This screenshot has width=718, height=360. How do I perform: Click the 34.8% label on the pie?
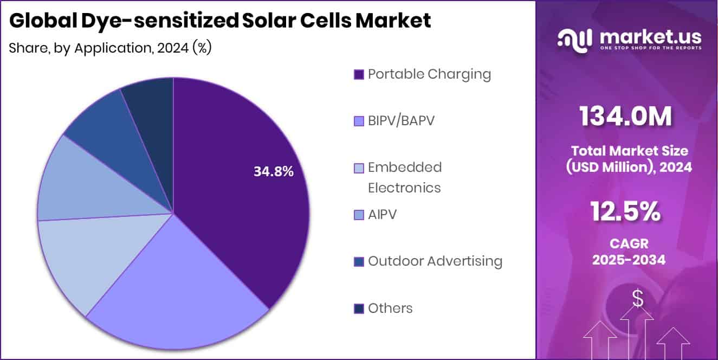click(274, 172)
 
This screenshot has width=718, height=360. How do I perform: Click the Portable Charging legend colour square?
click(358, 75)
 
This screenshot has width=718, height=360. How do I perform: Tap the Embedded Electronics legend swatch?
click(358, 168)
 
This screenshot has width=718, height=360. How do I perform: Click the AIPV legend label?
click(382, 215)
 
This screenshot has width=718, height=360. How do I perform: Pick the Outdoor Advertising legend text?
click(435, 261)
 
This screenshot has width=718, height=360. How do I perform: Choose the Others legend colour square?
click(358, 309)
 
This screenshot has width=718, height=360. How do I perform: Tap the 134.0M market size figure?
click(626, 115)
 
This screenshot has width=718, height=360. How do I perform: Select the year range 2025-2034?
click(629, 260)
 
